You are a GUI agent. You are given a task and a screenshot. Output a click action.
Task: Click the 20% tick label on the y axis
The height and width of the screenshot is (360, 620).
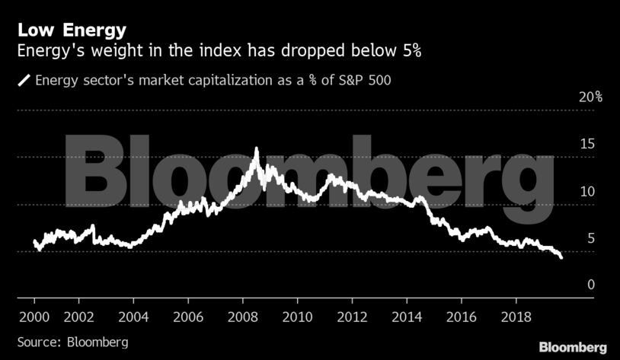[590, 97]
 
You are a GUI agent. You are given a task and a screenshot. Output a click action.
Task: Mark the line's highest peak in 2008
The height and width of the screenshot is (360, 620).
[256, 148]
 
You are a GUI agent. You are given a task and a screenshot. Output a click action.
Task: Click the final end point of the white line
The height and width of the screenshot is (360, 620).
[562, 258]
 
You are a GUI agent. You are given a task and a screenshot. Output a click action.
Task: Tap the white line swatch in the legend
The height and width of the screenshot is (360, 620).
[24, 79]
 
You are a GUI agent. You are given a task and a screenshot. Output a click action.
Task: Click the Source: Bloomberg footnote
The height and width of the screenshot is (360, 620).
[72, 341]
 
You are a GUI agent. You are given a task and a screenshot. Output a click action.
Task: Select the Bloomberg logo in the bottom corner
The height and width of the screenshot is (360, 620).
[573, 347]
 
